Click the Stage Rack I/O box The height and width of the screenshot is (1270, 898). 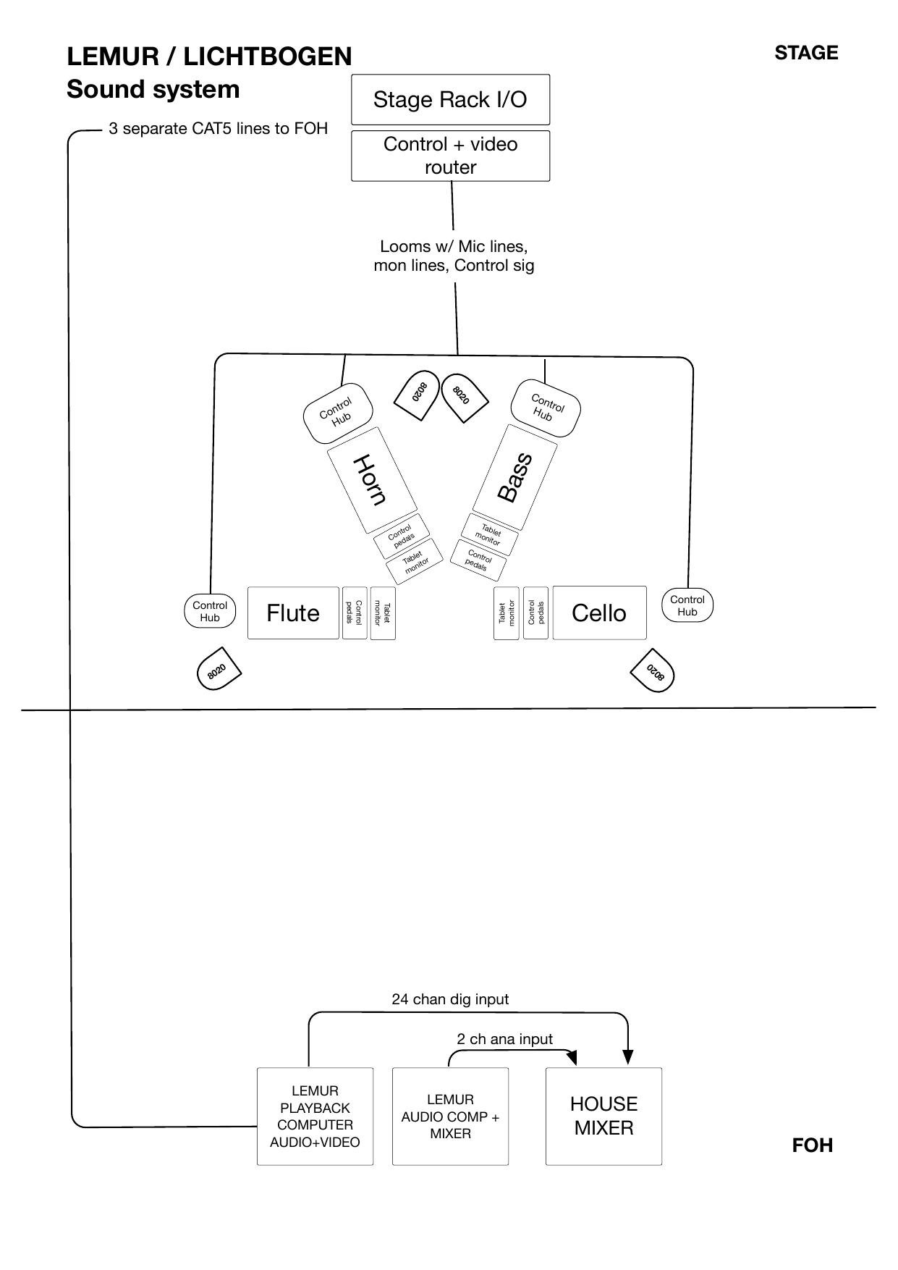point(450,99)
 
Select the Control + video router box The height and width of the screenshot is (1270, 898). point(450,156)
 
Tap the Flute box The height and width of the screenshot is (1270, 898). point(293,613)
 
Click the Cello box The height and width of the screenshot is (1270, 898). point(599,613)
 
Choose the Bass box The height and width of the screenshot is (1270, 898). point(515,477)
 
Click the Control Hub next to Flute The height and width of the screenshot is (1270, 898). point(210,611)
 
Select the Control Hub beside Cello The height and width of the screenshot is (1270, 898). point(687,605)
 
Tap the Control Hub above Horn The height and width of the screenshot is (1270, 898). point(338,413)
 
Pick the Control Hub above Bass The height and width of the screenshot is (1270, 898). point(546,408)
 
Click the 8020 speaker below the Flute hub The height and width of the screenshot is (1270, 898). point(219,669)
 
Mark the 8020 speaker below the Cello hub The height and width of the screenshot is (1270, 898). point(653,670)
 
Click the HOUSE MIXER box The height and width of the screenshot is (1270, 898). point(603,1116)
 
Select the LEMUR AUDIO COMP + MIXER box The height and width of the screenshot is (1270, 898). point(450,1116)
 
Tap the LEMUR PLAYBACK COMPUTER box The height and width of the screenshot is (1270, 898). point(315,1116)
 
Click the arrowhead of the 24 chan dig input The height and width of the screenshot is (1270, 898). point(627,1057)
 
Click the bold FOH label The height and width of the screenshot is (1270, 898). point(813,1145)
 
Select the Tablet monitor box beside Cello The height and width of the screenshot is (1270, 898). point(507,613)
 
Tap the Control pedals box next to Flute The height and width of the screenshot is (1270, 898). point(355,613)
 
